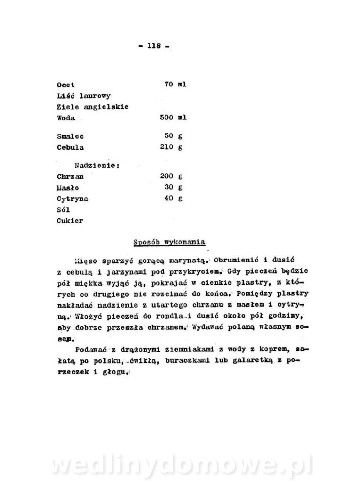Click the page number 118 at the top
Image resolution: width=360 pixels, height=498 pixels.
(x=154, y=46)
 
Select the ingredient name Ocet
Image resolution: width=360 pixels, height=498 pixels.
(x=66, y=85)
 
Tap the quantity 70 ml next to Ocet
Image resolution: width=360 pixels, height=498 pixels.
(x=175, y=84)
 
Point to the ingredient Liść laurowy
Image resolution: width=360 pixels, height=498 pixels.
(x=83, y=96)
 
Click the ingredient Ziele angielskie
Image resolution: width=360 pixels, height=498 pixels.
(x=92, y=107)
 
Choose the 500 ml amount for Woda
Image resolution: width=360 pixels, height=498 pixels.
(x=173, y=117)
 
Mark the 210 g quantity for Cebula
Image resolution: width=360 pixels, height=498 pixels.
(x=171, y=147)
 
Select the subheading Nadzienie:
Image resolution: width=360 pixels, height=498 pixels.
(x=97, y=165)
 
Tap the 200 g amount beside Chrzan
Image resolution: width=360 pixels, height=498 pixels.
(x=171, y=176)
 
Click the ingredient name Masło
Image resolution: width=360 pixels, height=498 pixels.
(x=68, y=188)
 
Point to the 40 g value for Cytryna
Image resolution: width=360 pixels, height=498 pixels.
(x=174, y=198)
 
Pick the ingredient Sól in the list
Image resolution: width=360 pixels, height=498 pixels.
(x=63, y=210)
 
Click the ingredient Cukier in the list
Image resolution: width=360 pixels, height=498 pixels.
(x=70, y=221)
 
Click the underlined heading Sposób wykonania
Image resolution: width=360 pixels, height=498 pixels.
(x=169, y=242)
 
